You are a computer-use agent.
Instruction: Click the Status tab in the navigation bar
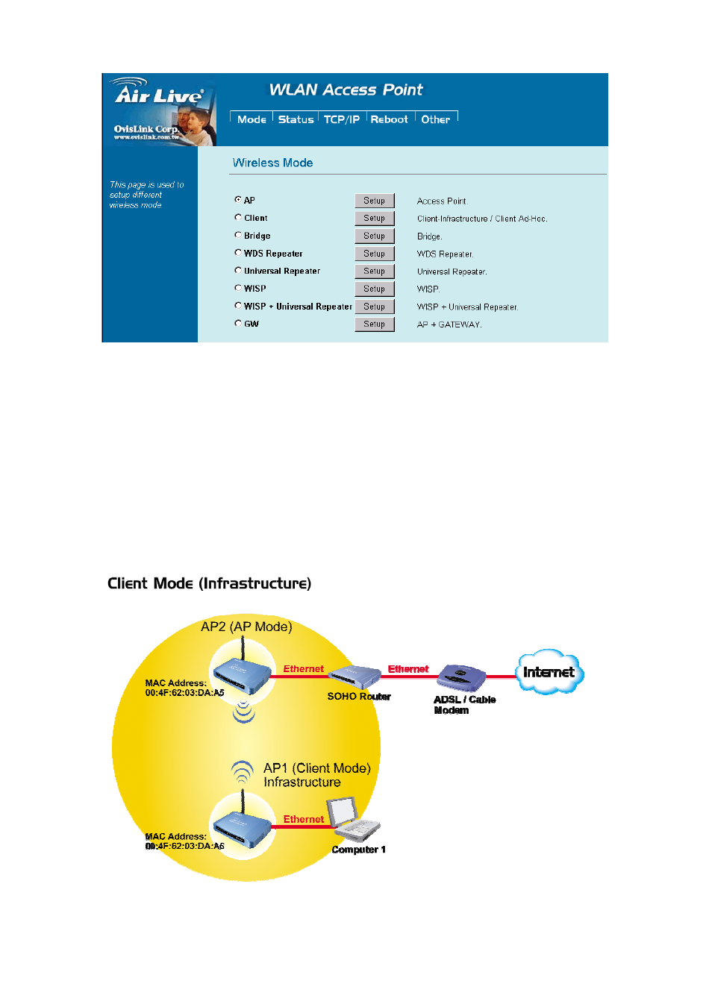click(x=296, y=119)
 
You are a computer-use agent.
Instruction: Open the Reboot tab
click(x=389, y=119)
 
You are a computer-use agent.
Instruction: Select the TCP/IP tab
click(x=342, y=119)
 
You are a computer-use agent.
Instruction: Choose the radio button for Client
click(x=238, y=217)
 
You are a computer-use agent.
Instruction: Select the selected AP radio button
click(x=238, y=199)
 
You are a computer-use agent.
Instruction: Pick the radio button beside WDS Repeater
click(x=238, y=252)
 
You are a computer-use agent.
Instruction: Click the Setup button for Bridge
click(x=374, y=236)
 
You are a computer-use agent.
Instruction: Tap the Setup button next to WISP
click(x=374, y=289)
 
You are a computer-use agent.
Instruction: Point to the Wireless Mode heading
click(x=272, y=163)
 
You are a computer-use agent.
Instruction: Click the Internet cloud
click(x=549, y=671)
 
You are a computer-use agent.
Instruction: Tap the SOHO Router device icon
click(x=355, y=676)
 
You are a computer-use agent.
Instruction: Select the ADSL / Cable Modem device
click(x=461, y=677)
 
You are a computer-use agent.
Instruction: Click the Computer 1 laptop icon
click(x=354, y=819)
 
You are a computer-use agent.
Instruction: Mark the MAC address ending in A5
click(x=184, y=693)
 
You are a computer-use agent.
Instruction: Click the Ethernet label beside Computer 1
click(x=304, y=819)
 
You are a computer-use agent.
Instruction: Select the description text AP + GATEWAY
click(x=449, y=324)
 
